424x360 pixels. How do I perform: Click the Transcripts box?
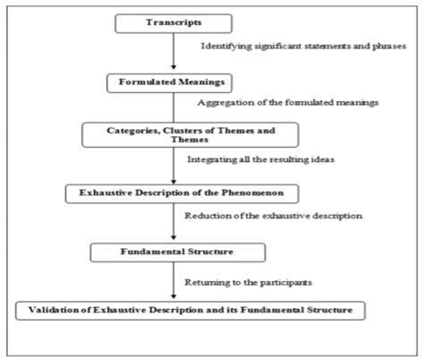174,23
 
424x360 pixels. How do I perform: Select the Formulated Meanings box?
169,83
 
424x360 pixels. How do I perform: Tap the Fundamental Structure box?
178,253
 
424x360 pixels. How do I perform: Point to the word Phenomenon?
252,193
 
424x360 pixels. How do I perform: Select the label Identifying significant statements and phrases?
303,47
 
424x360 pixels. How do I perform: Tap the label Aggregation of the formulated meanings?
288,103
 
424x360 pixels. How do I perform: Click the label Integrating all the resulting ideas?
260,159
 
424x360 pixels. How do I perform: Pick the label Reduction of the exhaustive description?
274,216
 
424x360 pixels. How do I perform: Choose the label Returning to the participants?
249,282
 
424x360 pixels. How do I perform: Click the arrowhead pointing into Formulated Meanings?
174,67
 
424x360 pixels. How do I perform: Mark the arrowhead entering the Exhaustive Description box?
174,182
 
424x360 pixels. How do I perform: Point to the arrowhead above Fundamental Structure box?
174,237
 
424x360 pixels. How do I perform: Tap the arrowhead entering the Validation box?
174,296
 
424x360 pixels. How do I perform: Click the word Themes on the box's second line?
190,140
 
